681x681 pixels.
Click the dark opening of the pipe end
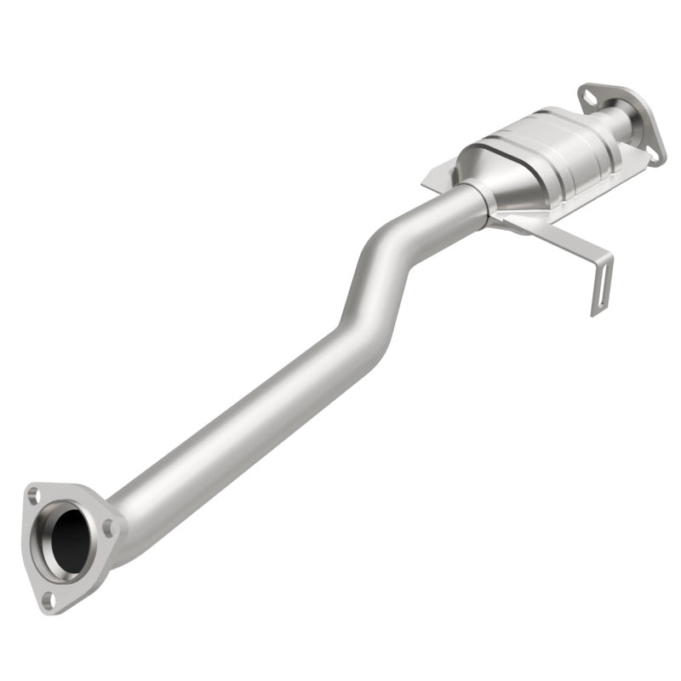point(70,538)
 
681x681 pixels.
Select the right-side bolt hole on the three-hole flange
point(108,529)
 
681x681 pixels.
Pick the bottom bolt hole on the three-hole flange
point(49,598)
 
